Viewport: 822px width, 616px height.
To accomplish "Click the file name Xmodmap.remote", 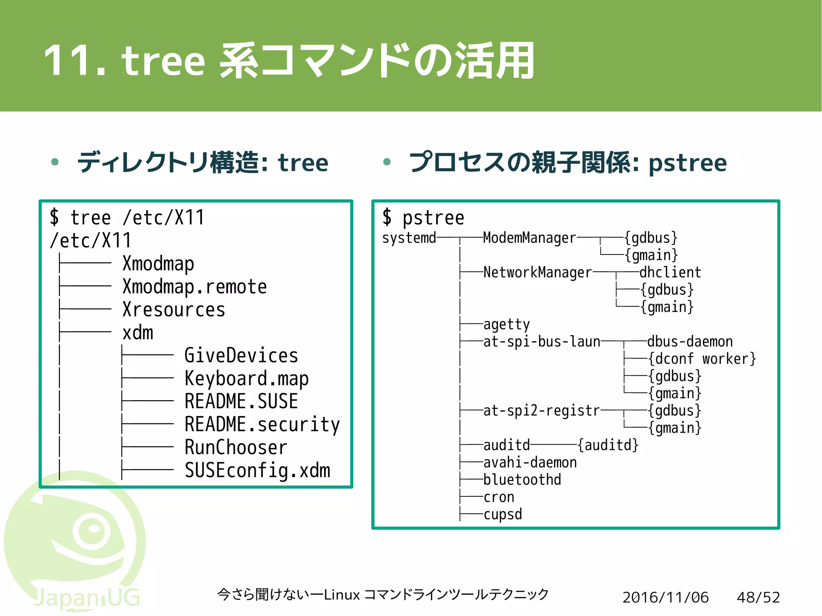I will (x=194, y=287).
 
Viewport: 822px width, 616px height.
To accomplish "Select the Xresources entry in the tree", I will (x=173, y=310).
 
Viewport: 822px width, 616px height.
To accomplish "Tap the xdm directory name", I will (x=138, y=333).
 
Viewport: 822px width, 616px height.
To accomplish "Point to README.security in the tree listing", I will (x=262, y=425).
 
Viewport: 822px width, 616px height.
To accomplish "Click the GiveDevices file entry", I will (x=241, y=356).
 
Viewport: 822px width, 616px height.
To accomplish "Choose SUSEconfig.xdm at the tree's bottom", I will (x=257, y=470).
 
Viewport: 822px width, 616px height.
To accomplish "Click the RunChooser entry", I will (x=236, y=447).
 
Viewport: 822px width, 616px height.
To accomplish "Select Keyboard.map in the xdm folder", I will (x=246, y=378).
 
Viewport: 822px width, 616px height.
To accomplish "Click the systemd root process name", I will (x=409, y=238).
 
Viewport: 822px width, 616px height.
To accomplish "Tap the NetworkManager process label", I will (x=537, y=272).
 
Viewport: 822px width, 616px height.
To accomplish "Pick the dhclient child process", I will (x=670, y=272).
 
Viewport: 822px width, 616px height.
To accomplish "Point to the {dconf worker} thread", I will (x=702, y=359).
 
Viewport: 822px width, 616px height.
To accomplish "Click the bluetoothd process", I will (x=522, y=480).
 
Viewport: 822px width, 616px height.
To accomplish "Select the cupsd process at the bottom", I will (x=503, y=514).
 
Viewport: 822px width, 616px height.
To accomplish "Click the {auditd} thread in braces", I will (x=608, y=445).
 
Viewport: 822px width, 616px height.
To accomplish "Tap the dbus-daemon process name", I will (x=690, y=342).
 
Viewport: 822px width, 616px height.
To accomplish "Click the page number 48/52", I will (x=758, y=598).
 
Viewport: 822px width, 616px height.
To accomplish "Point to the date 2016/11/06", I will (x=665, y=598).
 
